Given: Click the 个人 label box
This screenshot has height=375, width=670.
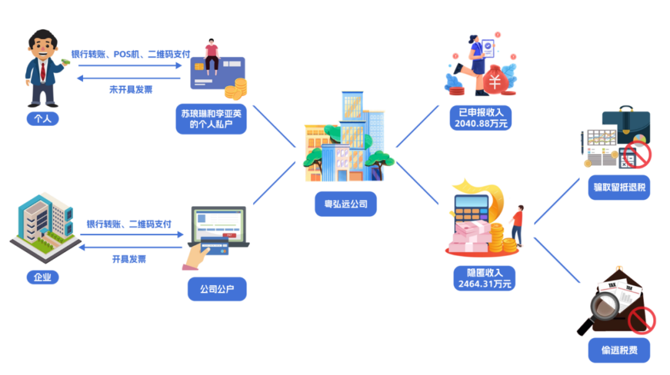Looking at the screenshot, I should click(42, 118).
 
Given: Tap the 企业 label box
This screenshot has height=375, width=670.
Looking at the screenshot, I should click(42, 276).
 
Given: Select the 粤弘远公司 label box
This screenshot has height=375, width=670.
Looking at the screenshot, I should click(346, 204).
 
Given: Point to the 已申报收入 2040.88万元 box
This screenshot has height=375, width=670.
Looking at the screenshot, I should click(481, 117).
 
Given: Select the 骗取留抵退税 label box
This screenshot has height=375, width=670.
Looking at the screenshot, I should click(619, 187).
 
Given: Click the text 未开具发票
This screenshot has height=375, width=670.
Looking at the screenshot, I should click(130, 89).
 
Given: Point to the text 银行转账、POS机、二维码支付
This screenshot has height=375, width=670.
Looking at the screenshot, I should click(130, 55).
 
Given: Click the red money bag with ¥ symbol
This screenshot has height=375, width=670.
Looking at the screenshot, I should click(495, 81).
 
